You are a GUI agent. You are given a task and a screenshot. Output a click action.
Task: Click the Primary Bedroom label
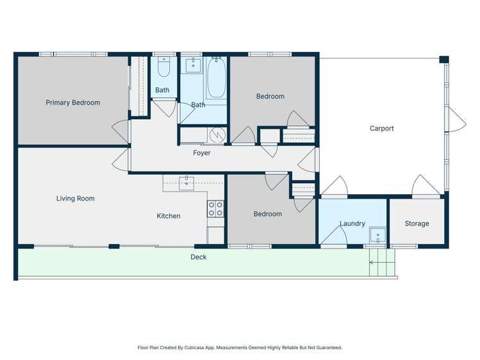coord(72,102)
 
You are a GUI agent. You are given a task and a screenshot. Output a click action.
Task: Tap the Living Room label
coord(75,199)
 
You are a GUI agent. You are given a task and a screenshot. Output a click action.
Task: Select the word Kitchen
coord(169,216)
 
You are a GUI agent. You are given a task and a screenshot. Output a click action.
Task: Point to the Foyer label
coord(201,153)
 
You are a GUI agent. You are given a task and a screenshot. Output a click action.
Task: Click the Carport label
coord(381,128)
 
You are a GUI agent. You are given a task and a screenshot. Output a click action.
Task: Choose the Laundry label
coord(352,224)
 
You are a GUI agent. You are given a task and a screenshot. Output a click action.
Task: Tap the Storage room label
coord(417,224)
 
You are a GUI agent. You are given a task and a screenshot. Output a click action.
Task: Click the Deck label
coord(198,257)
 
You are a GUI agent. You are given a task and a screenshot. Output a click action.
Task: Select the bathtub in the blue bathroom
coord(216,78)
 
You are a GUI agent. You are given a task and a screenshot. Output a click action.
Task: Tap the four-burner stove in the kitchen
coord(215,208)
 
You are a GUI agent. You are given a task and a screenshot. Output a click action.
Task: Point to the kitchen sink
coord(186,182)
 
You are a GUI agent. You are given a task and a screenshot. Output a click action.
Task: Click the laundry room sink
coord(377,236)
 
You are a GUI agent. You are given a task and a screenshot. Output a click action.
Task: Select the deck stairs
coord(382,263)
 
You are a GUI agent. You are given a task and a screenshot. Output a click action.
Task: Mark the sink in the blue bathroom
coord(193,65)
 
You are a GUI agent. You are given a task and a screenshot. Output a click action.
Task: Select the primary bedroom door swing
coord(120,130)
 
